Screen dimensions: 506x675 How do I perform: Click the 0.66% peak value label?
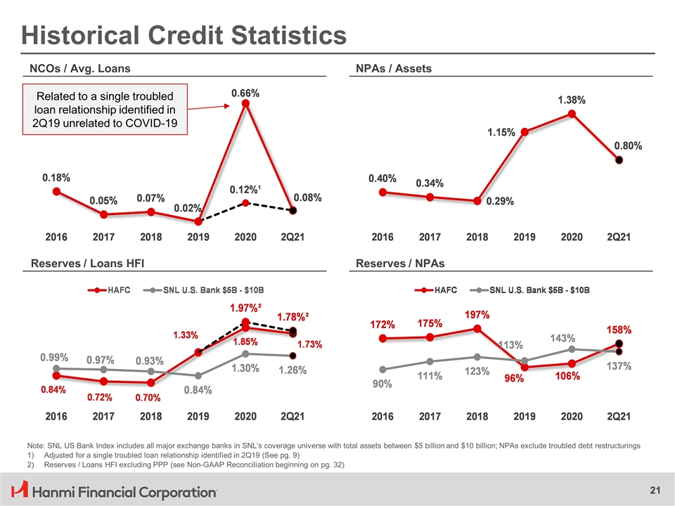point(245,92)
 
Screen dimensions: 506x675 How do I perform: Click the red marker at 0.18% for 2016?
point(56,190)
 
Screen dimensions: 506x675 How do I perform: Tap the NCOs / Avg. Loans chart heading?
point(79,68)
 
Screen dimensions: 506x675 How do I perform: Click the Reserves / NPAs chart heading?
point(400,264)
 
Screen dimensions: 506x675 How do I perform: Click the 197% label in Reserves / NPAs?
point(477,313)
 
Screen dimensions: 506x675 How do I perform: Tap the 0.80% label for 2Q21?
point(628,145)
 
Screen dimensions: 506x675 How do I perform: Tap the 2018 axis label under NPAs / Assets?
point(477,237)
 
